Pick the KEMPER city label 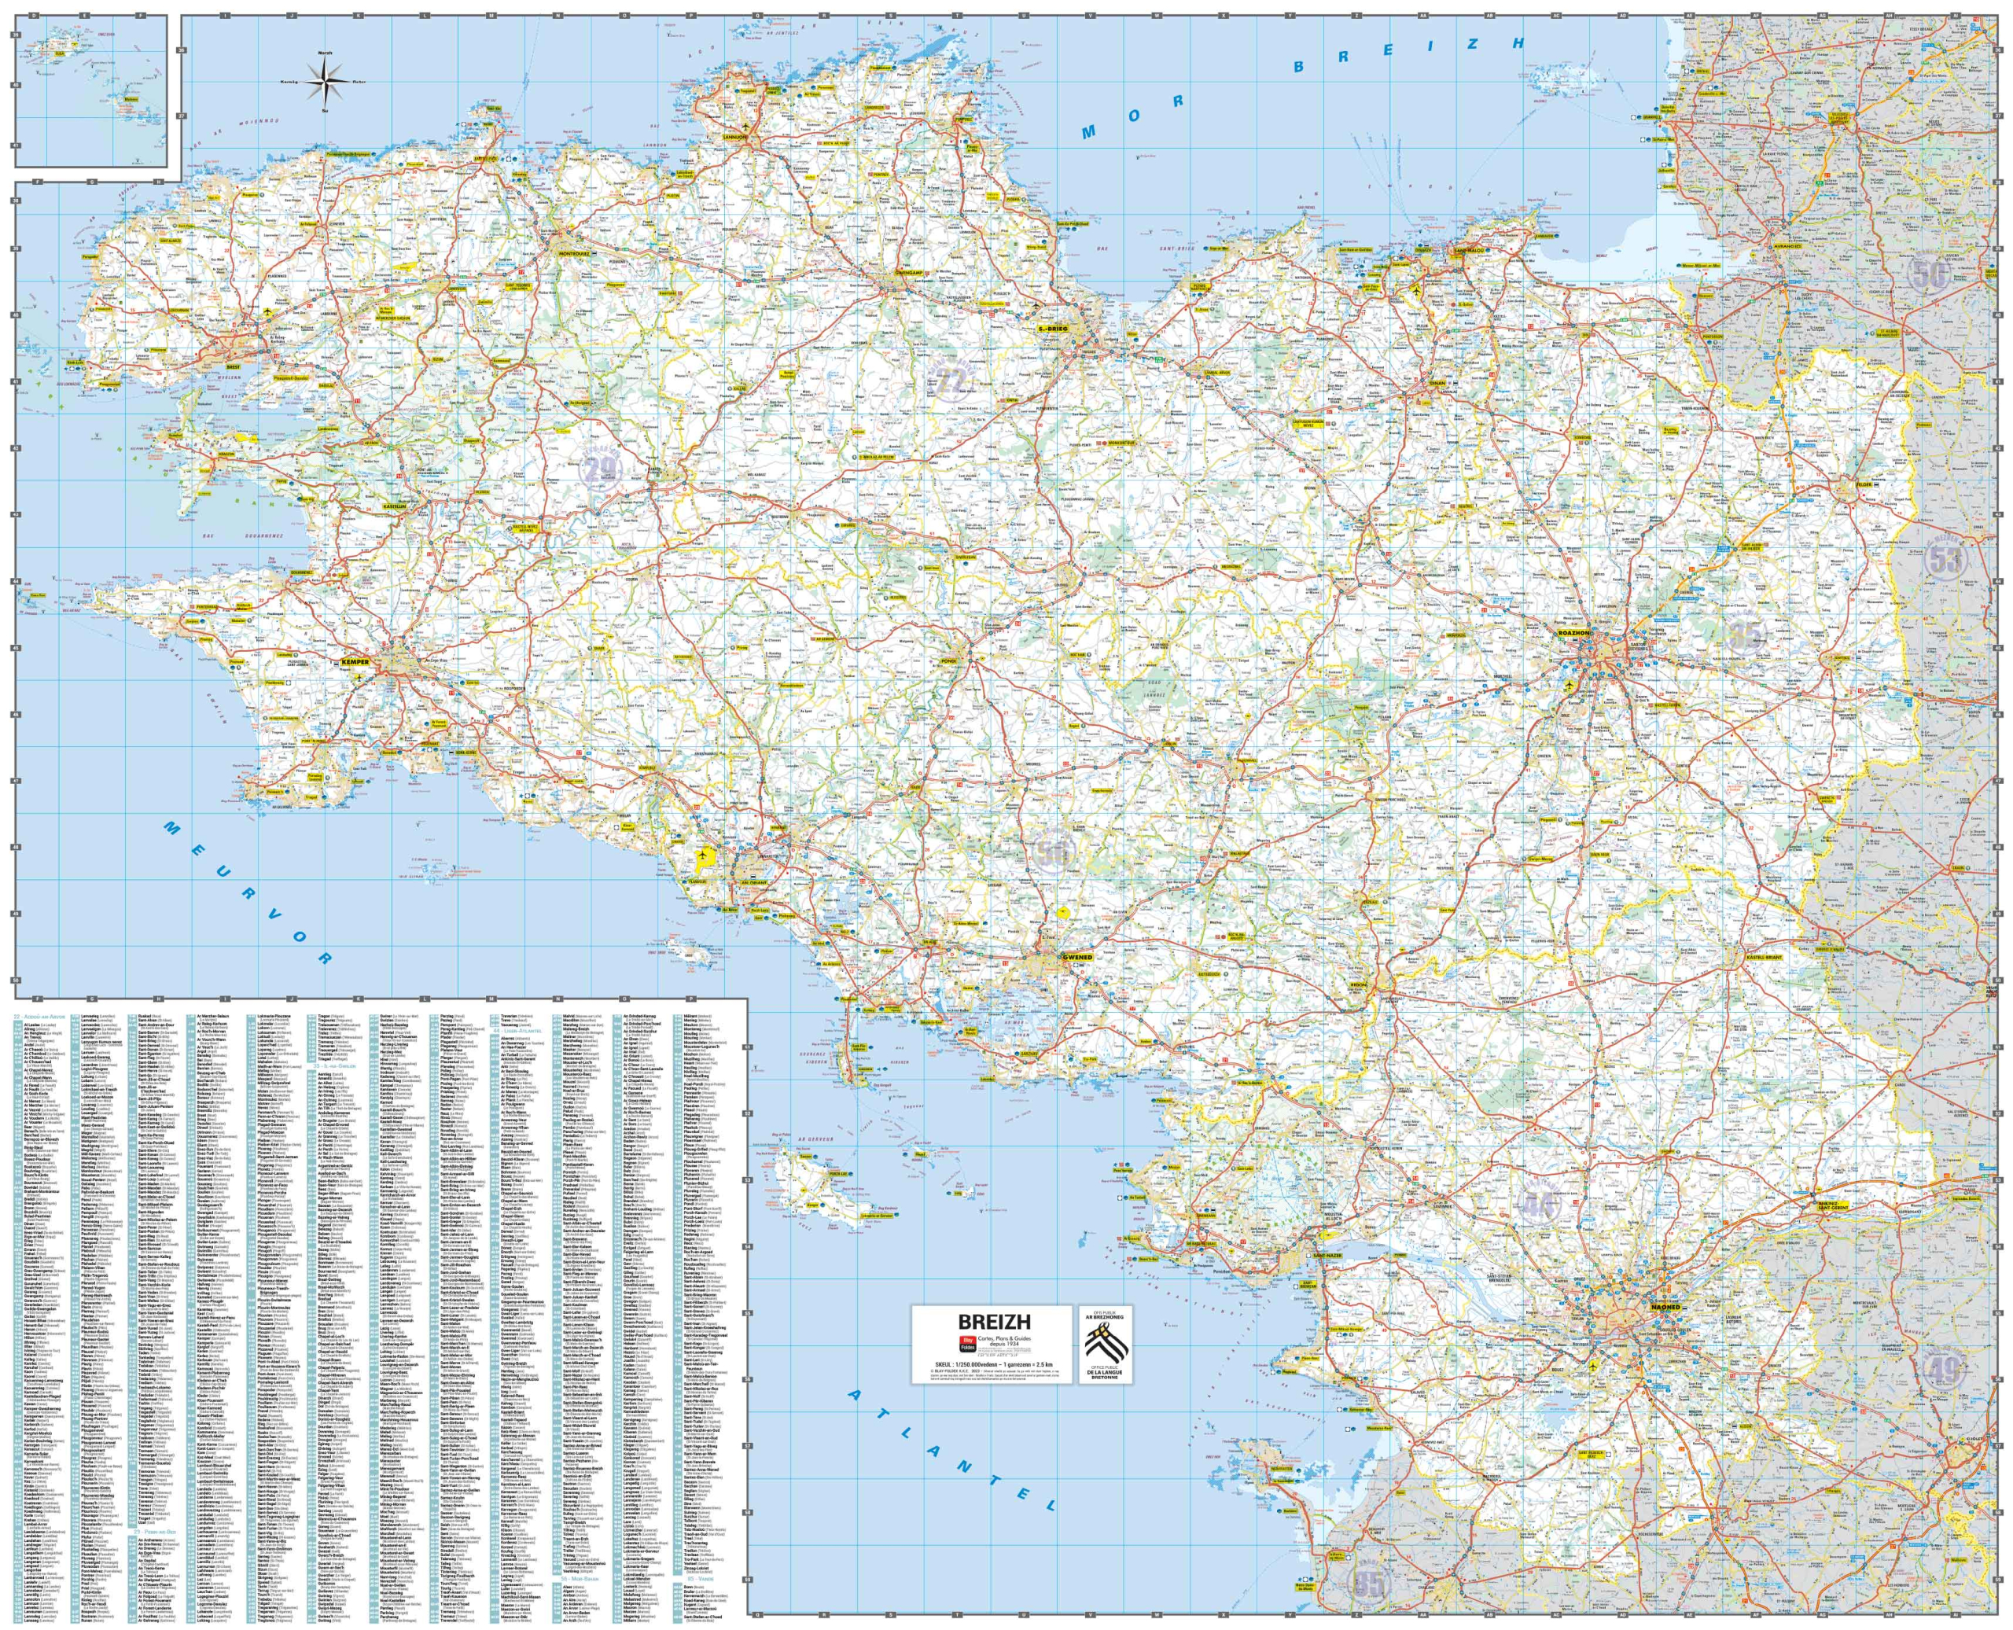click(357, 663)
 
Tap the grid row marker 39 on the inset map click(16, 35)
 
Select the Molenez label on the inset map click(131, 97)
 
